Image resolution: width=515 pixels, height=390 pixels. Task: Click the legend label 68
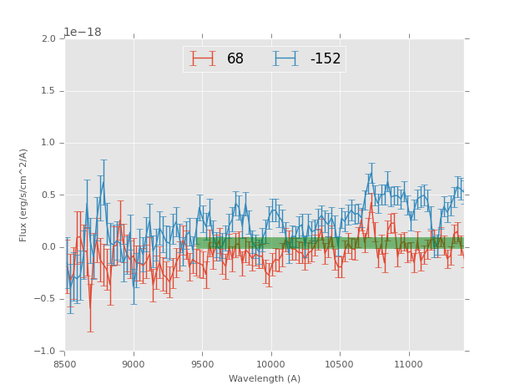click(235, 58)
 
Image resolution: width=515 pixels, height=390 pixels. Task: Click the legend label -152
click(326, 58)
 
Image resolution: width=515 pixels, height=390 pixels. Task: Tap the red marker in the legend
click(203, 58)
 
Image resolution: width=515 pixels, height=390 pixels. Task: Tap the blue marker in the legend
click(285, 58)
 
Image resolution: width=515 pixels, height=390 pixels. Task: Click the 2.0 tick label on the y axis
click(49, 39)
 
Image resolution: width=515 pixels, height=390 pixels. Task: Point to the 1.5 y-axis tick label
click(49, 91)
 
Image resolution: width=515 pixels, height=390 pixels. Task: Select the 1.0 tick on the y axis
click(49, 143)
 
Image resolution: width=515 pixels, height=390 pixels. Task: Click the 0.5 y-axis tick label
click(49, 195)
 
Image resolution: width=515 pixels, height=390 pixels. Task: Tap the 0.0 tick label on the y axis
click(49, 247)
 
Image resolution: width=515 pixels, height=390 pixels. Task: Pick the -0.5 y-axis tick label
click(47, 299)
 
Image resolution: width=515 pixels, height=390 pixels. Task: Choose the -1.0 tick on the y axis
click(47, 352)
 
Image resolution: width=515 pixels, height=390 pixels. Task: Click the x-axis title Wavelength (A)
click(265, 379)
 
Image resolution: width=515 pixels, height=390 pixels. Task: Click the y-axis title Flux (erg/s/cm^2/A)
click(24, 195)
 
